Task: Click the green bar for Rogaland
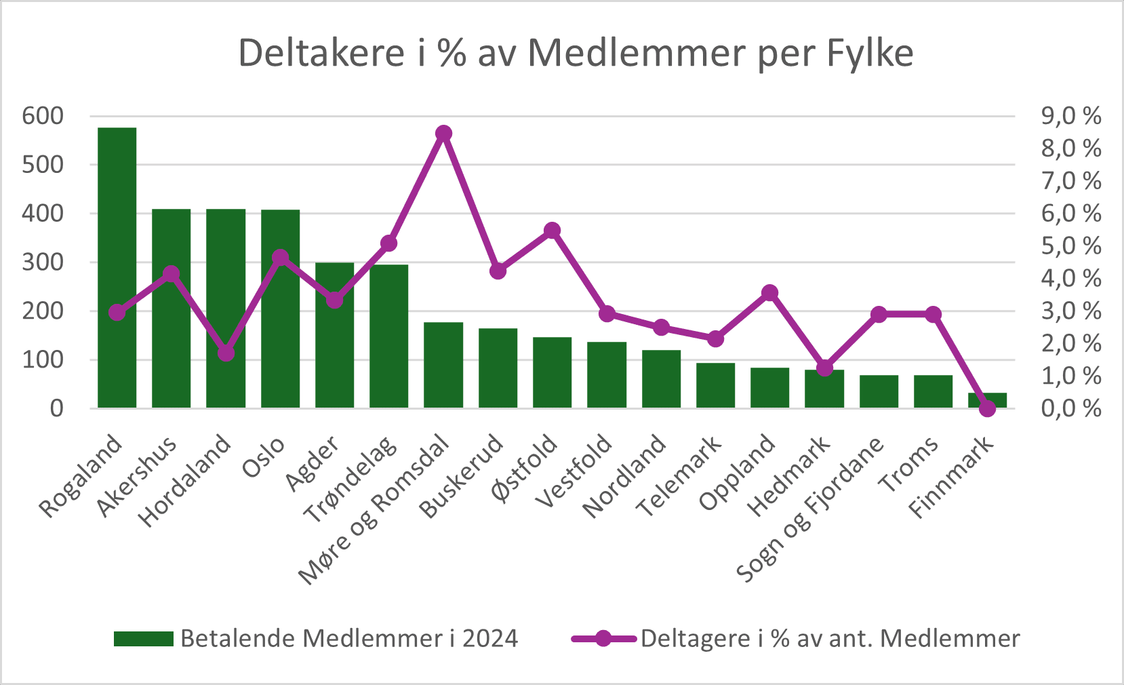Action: click(x=117, y=268)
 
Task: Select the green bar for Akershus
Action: click(x=171, y=309)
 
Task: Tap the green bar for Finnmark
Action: click(x=987, y=400)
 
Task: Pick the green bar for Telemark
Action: click(x=715, y=385)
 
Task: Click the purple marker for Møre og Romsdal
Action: click(x=443, y=133)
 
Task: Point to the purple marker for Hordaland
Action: click(x=226, y=353)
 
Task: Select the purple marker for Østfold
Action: click(x=552, y=231)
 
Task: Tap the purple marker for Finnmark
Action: click(x=987, y=408)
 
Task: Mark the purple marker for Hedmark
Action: click(x=824, y=368)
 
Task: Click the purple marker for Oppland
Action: click(x=769, y=293)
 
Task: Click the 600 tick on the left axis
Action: click(x=43, y=116)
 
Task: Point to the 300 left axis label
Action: click(x=43, y=262)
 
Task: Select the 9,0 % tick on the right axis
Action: click(x=1071, y=116)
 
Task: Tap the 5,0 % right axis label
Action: click(x=1071, y=246)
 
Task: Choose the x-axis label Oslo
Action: click(x=264, y=458)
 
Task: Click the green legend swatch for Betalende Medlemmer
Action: click(x=144, y=638)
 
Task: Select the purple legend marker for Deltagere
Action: click(x=603, y=638)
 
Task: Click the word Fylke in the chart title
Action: click(x=870, y=53)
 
